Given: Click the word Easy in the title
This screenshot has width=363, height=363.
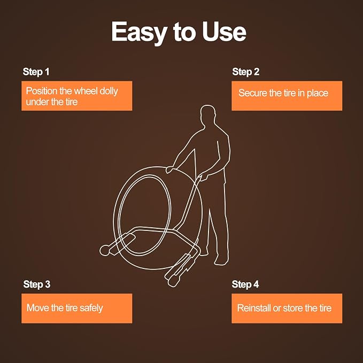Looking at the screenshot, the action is [x=140, y=33].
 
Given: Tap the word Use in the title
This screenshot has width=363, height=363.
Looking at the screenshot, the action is [x=224, y=32].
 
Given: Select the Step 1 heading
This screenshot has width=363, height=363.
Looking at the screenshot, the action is [x=36, y=72].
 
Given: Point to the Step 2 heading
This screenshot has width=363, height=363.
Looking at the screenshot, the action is [x=246, y=72].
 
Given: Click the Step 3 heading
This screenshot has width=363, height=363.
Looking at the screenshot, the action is [x=37, y=284].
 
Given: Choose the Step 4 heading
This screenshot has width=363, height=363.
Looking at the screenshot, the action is [x=245, y=284].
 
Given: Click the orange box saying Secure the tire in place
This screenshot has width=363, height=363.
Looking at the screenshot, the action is [x=287, y=96].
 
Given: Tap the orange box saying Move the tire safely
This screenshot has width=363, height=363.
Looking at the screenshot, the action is [x=76, y=308].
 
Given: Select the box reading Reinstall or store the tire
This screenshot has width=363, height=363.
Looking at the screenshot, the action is [x=287, y=308].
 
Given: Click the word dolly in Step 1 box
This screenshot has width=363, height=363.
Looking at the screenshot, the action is [x=109, y=91].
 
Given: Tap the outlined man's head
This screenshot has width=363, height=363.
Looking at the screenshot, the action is [x=207, y=114].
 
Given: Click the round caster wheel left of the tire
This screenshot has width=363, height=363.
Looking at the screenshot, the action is [x=105, y=250].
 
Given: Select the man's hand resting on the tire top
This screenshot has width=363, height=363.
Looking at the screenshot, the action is [x=169, y=169].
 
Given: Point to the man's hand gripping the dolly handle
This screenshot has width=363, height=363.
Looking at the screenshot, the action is [x=204, y=176].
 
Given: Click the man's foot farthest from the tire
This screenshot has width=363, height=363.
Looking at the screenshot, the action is [x=221, y=260].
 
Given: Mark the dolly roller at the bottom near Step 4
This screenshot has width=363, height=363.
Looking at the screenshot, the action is [x=173, y=281].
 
